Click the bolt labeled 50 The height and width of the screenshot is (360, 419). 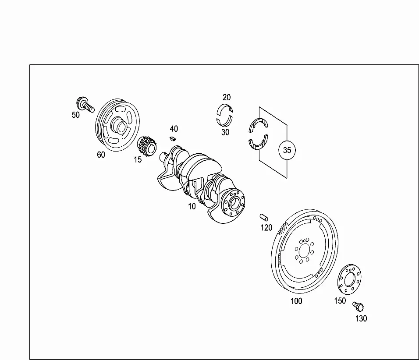85,105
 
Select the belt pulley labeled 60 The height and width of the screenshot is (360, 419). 117,125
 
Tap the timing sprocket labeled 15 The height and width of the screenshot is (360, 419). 147,146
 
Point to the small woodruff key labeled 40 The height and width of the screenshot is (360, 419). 173,138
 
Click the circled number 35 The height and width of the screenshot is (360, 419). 287,150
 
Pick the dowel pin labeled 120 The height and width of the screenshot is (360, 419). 264,217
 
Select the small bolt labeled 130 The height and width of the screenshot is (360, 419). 359,307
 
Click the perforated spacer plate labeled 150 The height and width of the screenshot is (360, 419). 349,279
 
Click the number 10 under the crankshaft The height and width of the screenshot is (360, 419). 192,206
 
